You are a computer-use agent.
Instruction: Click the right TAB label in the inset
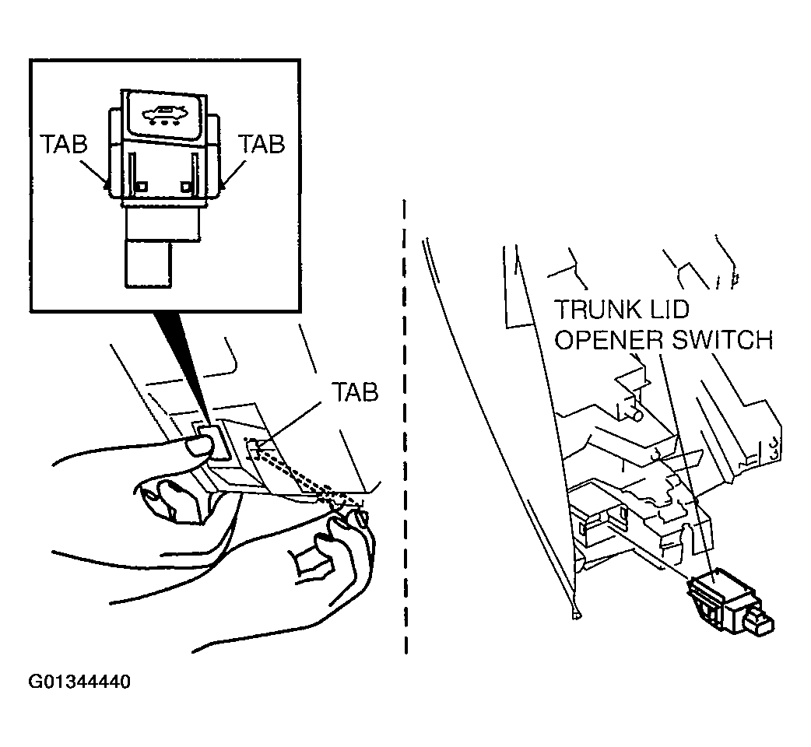(x=262, y=145)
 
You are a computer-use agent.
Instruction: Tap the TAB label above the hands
(x=355, y=392)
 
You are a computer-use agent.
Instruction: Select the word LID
(x=672, y=310)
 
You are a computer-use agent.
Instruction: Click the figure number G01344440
(x=79, y=682)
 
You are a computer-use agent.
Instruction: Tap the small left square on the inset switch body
(x=142, y=187)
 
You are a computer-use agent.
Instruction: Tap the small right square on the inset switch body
(x=185, y=187)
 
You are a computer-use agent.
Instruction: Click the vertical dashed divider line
(x=405, y=428)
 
